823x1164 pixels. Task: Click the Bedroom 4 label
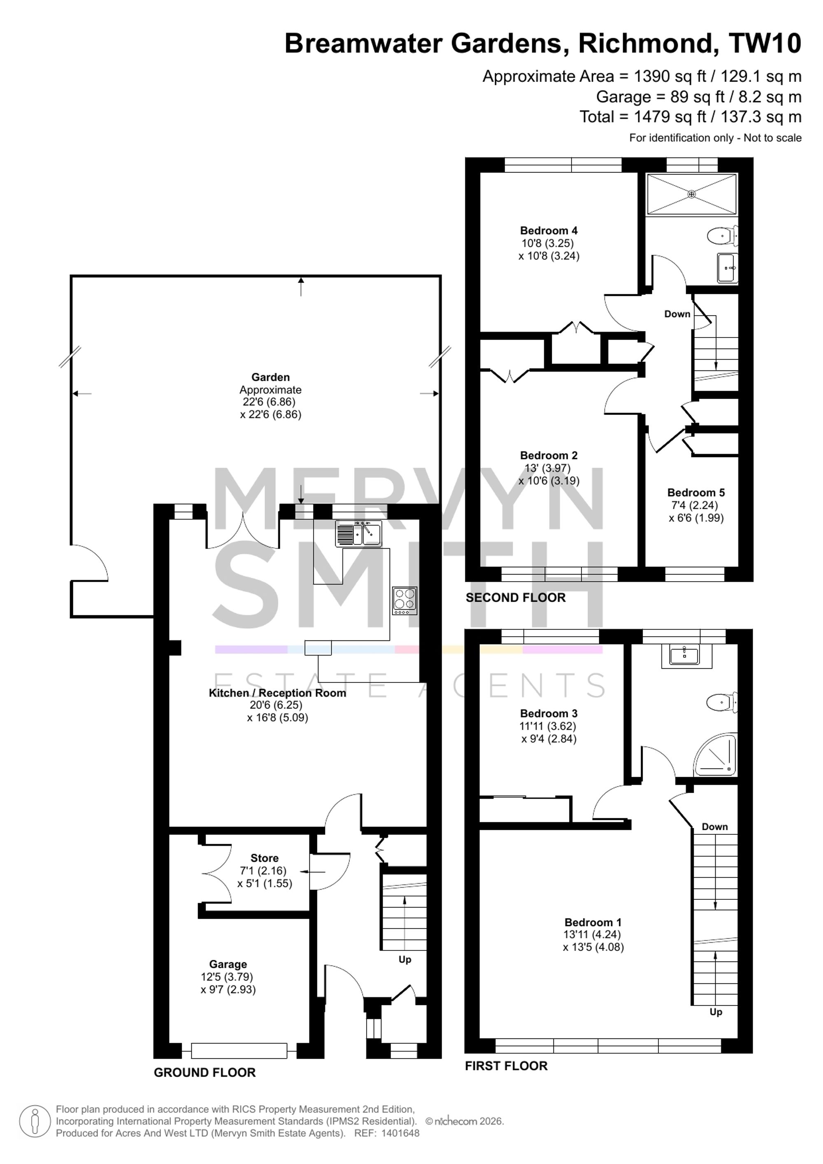(x=549, y=230)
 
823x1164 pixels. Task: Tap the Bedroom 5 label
(x=696, y=493)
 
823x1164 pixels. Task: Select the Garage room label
(x=228, y=964)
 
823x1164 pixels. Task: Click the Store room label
(x=265, y=858)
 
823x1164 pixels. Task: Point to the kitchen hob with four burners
(x=405, y=601)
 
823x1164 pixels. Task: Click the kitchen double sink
(x=358, y=534)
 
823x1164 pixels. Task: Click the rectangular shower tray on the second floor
(x=691, y=194)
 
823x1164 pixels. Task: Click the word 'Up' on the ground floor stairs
(x=405, y=960)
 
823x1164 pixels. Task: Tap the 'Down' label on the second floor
(x=677, y=314)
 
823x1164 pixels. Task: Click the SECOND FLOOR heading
(x=515, y=598)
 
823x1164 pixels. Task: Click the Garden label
(x=271, y=377)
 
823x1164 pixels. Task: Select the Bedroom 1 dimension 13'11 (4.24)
(x=593, y=934)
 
